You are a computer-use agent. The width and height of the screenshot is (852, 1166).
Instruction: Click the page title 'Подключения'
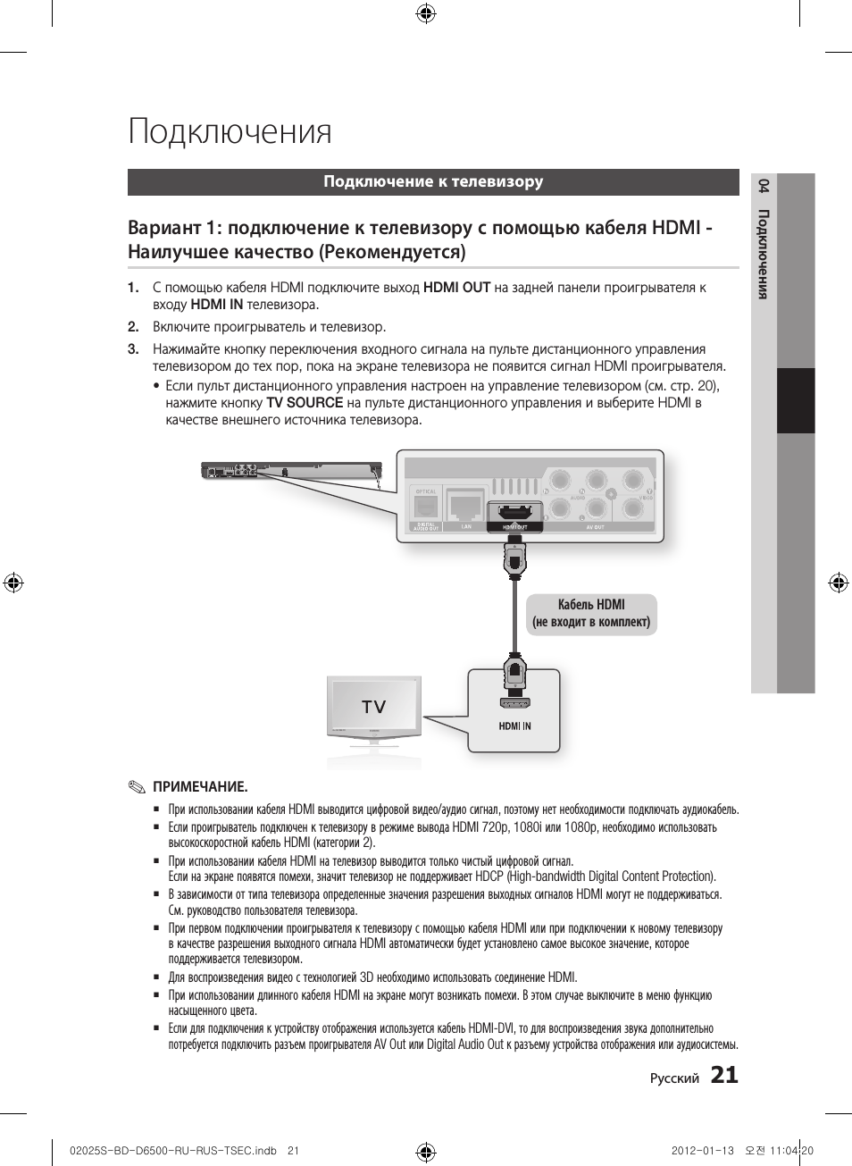[x=230, y=131]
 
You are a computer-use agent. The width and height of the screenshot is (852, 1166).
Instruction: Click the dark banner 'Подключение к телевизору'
[x=433, y=181]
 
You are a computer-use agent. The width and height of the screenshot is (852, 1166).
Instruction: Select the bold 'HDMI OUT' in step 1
[x=456, y=288]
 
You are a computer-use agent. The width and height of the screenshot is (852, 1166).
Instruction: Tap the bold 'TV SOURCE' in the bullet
[x=305, y=403]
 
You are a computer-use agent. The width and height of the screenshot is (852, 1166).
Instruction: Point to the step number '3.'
[x=133, y=349]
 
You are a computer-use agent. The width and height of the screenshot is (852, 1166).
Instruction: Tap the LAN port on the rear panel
[x=465, y=506]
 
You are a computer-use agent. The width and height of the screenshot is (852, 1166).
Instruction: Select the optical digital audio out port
[x=425, y=506]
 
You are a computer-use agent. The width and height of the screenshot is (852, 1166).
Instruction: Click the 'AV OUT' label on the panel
[x=596, y=527]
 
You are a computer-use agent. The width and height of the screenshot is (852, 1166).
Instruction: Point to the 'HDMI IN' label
[x=514, y=726]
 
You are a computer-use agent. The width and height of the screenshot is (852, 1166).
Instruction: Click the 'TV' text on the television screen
[x=373, y=707]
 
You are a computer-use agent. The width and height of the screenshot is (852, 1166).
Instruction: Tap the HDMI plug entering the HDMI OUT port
[x=514, y=559]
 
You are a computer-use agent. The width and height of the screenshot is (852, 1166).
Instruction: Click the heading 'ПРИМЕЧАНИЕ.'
[x=200, y=787]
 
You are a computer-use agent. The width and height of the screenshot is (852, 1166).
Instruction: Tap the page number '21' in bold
[x=724, y=1075]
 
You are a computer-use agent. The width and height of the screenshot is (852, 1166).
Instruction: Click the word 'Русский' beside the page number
[x=674, y=1078]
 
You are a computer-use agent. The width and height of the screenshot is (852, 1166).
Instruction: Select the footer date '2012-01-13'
[x=702, y=1151]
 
